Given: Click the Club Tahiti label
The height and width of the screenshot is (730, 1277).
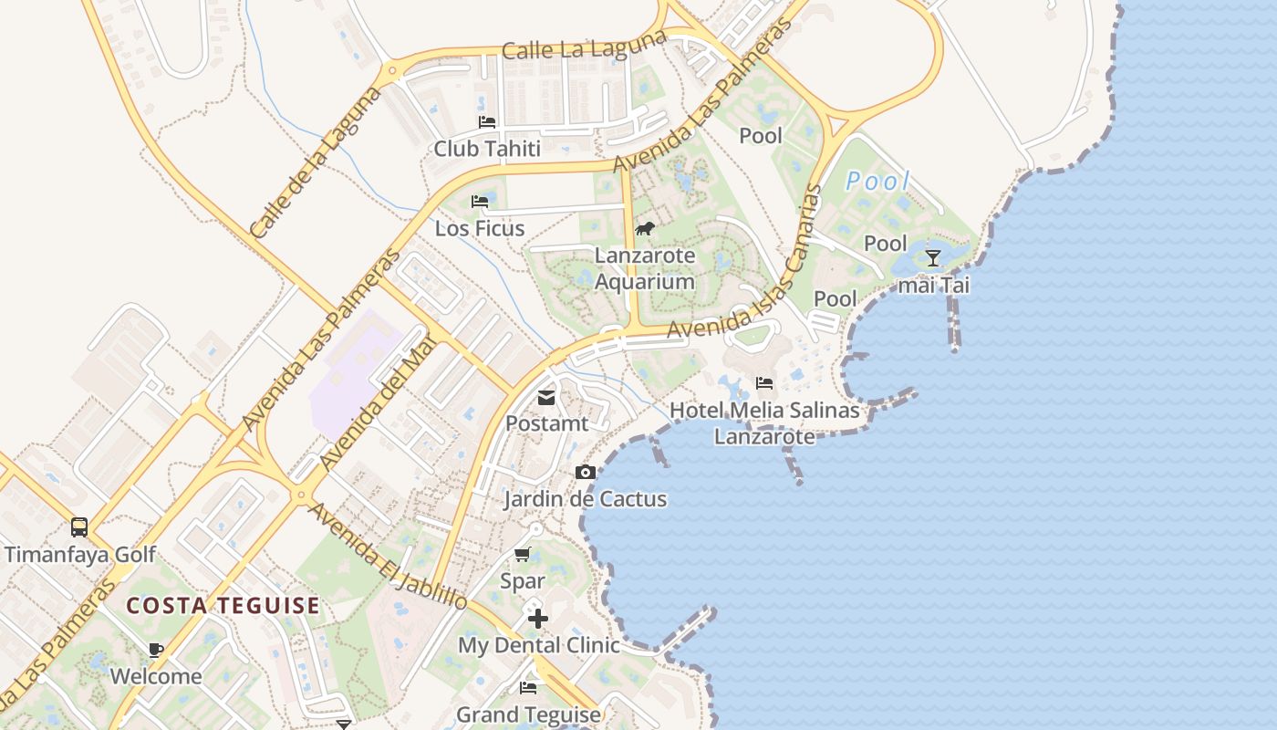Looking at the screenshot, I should point(487,149).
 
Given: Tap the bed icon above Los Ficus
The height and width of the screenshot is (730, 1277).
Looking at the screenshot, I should point(480,201).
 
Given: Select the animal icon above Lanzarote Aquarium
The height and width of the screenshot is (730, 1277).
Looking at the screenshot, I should point(645,228).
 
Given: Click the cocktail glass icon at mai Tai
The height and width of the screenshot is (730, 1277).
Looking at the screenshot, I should point(932,258).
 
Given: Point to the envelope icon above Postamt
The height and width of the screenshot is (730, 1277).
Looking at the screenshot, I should point(546,398).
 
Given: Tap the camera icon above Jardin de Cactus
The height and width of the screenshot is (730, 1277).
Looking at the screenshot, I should point(586,472).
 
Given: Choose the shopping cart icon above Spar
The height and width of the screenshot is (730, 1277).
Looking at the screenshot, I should point(523,554).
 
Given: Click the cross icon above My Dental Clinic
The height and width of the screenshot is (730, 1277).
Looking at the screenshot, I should point(538,619).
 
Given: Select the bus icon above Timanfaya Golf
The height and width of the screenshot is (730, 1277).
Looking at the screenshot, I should point(79,527).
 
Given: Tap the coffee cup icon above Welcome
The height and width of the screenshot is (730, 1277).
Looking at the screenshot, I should point(156,650).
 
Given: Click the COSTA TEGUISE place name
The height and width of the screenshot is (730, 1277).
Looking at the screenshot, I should point(223,605).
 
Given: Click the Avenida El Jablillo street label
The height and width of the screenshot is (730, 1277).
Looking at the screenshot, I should point(388,556).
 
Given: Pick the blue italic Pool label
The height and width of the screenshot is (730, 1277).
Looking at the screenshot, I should point(877,181).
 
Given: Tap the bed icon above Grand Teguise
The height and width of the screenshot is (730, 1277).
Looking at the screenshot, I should point(528,687).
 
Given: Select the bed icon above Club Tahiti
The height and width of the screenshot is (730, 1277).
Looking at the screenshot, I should point(487,121).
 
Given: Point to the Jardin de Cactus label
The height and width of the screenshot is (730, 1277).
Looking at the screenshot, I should point(586,499).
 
